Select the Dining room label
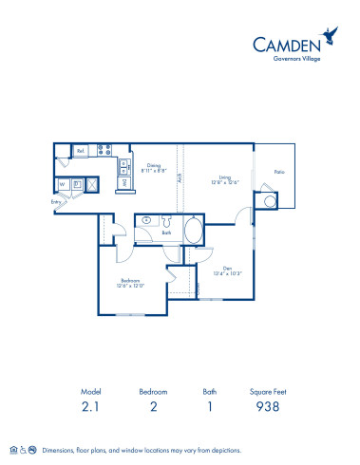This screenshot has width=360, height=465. point(154,167)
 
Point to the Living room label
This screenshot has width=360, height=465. point(226,178)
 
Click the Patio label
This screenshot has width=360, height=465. point(279,172)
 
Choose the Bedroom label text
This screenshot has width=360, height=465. point(130,282)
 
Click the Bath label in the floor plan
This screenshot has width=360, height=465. point(166,232)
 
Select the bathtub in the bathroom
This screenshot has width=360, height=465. point(192,229)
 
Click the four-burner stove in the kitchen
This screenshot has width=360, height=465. point(105,150)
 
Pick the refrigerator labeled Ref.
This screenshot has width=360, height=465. point(81,151)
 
